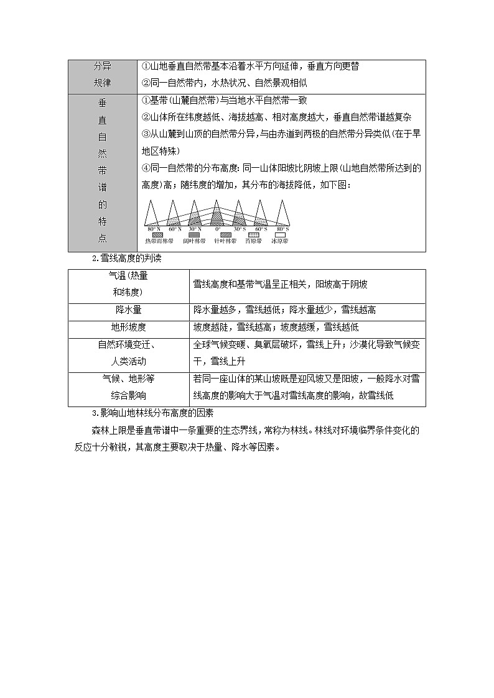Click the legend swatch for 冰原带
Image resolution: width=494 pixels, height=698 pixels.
[280, 234]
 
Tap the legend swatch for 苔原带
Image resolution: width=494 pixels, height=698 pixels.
[253, 234]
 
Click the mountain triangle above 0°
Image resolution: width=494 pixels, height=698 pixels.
[217, 214]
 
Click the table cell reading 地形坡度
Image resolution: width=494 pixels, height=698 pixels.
[129, 327]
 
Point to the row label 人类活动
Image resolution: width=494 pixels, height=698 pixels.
[129, 361]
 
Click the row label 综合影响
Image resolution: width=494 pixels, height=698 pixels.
[129, 395]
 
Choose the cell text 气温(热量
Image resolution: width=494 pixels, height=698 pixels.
[128, 276]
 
